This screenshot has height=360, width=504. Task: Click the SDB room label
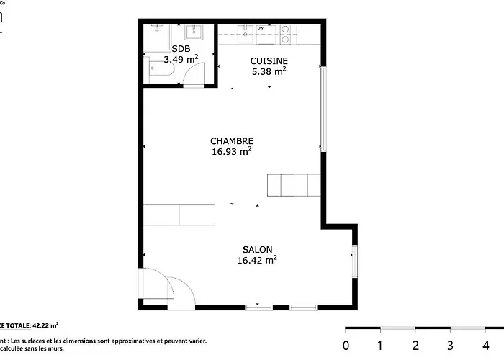tap(181, 48)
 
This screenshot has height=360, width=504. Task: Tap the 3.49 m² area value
tap(181, 59)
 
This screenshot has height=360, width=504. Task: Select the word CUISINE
tap(269, 60)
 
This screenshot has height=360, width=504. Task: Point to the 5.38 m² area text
tap(269, 71)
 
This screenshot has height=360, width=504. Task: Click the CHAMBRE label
tap(231, 141)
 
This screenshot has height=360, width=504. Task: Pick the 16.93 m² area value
tap(231, 152)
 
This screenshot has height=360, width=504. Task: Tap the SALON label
tap(257, 249)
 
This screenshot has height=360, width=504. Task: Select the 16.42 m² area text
tap(257, 260)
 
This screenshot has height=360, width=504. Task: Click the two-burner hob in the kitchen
tap(287, 30)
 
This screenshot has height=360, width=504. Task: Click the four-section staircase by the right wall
tap(293, 185)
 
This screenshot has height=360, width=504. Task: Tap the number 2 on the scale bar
tap(415, 345)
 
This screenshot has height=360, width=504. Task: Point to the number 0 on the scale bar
tap(346, 345)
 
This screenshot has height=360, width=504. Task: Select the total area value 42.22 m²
tap(45, 325)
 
